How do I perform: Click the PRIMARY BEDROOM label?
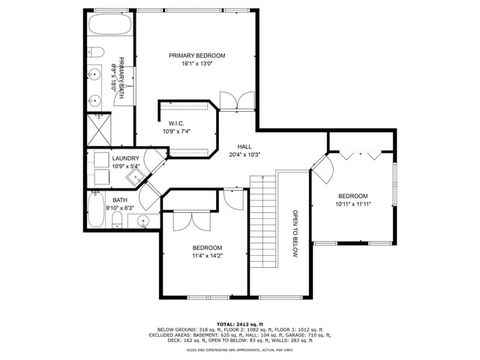pyautogui.click(x=196, y=55)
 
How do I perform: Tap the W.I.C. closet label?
pyautogui.click(x=176, y=123)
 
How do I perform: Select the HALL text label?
pyautogui.click(x=244, y=146)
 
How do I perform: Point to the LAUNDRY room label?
pyautogui.click(x=126, y=158)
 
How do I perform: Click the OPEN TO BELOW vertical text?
pyautogui.click(x=295, y=233)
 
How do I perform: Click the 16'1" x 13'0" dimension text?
pyautogui.click(x=196, y=64)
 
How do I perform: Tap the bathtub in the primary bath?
pyautogui.click(x=110, y=25)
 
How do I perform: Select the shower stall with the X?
pyautogui.click(x=100, y=127)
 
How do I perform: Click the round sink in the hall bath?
pyautogui.click(x=144, y=220)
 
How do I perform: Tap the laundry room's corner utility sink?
pyautogui.click(x=136, y=176)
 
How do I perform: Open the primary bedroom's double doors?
pyautogui.click(x=231, y=101)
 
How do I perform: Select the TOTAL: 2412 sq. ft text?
pyautogui.click(x=240, y=323)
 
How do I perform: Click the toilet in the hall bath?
pyautogui.click(x=116, y=220)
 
